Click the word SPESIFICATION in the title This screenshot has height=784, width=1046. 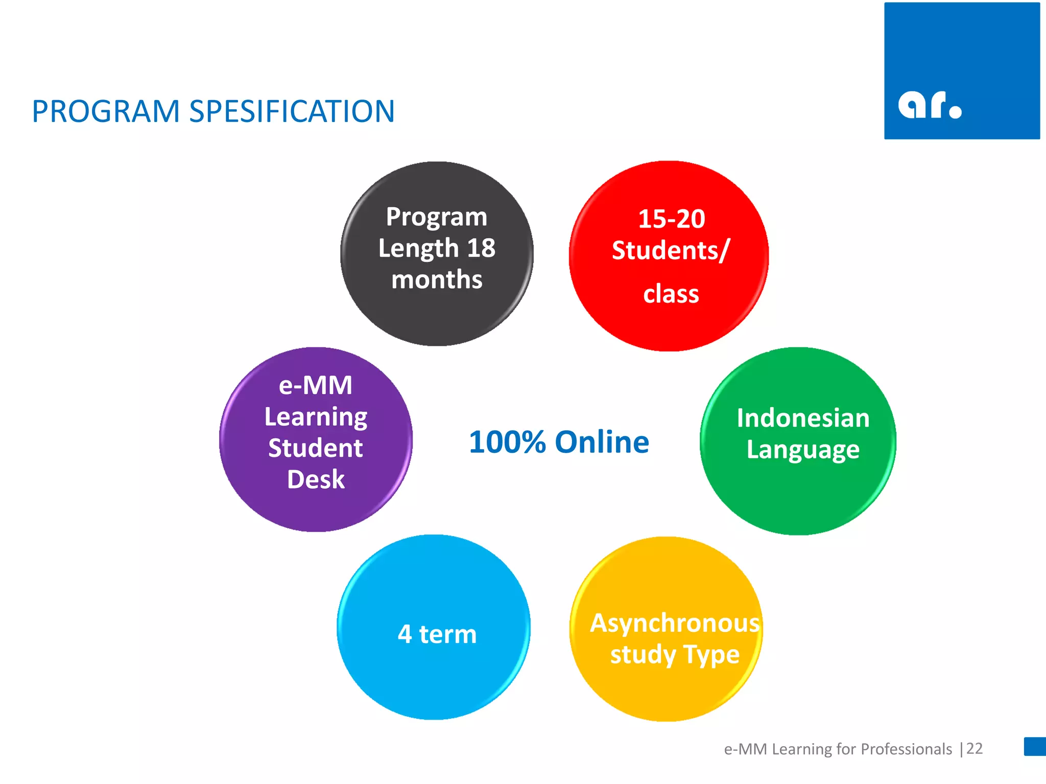coord(292,111)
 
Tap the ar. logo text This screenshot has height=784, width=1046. coord(929,105)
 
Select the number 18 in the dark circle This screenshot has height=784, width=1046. coord(481,248)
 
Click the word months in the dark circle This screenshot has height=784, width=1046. coord(437,280)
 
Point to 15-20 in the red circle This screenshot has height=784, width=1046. coord(671,219)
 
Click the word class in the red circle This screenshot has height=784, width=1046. coord(671,295)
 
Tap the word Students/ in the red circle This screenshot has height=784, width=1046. coord(671,251)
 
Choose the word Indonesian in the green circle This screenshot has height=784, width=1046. coord(802,418)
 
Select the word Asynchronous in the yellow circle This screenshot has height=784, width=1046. coord(674,623)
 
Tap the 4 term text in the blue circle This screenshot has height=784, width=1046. coord(437,634)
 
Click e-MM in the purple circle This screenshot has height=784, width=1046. coord(316,385)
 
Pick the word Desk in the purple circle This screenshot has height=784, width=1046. coord(316,479)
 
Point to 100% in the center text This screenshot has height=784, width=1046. coord(507,442)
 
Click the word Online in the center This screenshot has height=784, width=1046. coord(602,442)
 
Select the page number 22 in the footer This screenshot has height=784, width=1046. coord(974,748)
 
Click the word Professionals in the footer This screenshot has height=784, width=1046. coord(906,749)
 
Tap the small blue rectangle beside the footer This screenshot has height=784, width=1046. coord(1035,746)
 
